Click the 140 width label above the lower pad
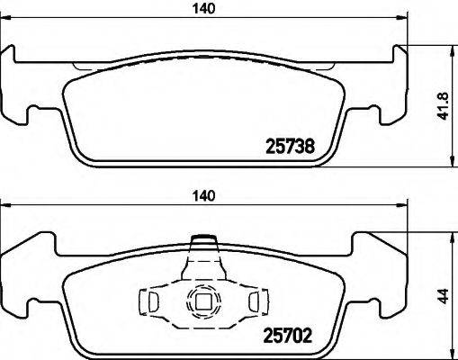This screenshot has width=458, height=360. point(208,194)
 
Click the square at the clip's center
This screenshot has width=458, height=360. point(204,304)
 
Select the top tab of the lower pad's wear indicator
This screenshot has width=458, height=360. point(204,241)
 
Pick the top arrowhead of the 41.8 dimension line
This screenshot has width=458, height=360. point(449,50)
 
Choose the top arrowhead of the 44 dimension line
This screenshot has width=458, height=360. point(449,237)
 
